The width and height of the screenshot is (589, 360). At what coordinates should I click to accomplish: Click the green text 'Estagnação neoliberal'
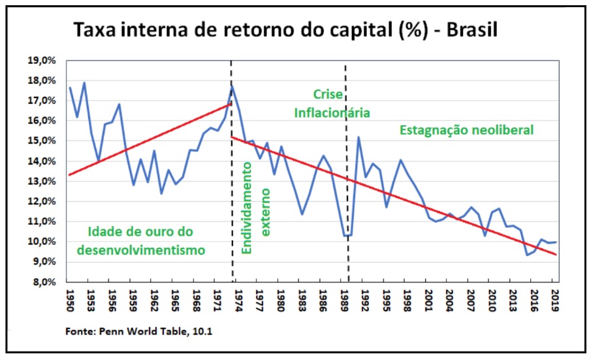click(466, 130)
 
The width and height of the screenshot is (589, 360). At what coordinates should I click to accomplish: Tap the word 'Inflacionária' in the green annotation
click(332, 112)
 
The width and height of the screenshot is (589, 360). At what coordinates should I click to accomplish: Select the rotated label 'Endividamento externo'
click(256, 199)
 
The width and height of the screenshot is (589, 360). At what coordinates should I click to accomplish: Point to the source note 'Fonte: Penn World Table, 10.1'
click(138, 332)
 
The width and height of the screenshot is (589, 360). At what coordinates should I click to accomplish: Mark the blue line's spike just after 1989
click(358, 137)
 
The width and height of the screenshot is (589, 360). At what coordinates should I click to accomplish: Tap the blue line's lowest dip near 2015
click(527, 255)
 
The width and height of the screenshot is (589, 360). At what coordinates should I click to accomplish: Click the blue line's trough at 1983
click(302, 214)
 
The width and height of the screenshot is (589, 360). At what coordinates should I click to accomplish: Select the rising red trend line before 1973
click(150, 139)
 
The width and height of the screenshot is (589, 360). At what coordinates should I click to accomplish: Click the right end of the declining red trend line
click(556, 254)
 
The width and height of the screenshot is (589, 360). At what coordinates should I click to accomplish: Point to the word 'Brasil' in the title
click(479, 30)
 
